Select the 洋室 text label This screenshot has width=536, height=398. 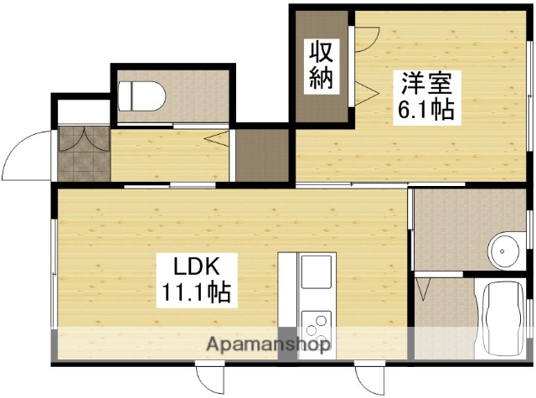(426, 85)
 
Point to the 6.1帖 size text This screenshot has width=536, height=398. (426, 110)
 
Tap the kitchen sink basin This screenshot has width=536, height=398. (317, 272)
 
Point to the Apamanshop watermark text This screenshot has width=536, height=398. (268, 344)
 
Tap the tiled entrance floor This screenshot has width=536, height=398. (84, 153)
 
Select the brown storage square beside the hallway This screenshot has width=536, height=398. (261, 154)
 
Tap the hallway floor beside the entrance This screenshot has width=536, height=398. (167, 156)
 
